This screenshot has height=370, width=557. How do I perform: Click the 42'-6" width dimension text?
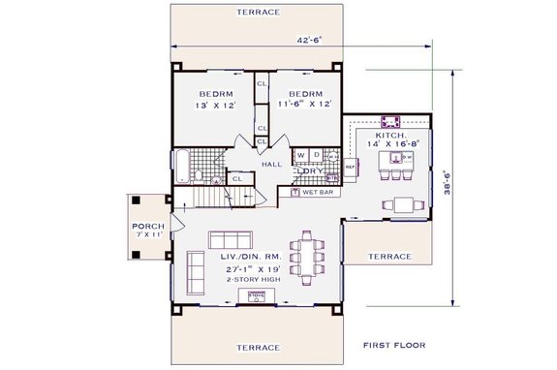310,40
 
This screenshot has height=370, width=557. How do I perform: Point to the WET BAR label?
316,193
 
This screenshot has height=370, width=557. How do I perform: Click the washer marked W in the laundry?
301,155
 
